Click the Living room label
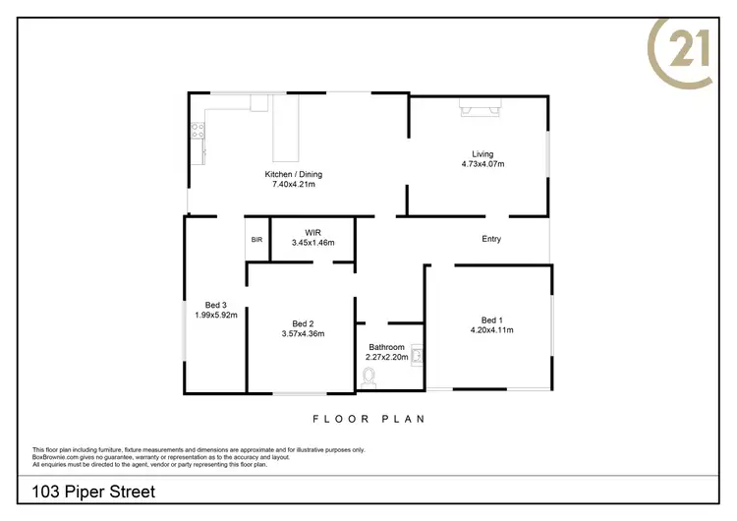[x=482, y=153]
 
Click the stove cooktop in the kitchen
[x=198, y=128]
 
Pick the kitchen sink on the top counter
[x=259, y=102]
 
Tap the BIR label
[x=256, y=240]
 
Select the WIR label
[x=312, y=233]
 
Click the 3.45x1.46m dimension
[x=312, y=243]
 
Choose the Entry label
[x=491, y=239]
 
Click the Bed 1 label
[x=491, y=319]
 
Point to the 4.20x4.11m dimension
[x=491, y=329]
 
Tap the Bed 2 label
[x=303, y=323]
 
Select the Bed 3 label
[x=215, y=305]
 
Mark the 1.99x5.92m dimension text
[x=215, y=315]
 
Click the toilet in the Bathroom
[x=368, y=375]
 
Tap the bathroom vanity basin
[x=416, y=354]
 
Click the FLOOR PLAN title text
[x=368, y=419]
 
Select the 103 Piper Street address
[x=93, y=491]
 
